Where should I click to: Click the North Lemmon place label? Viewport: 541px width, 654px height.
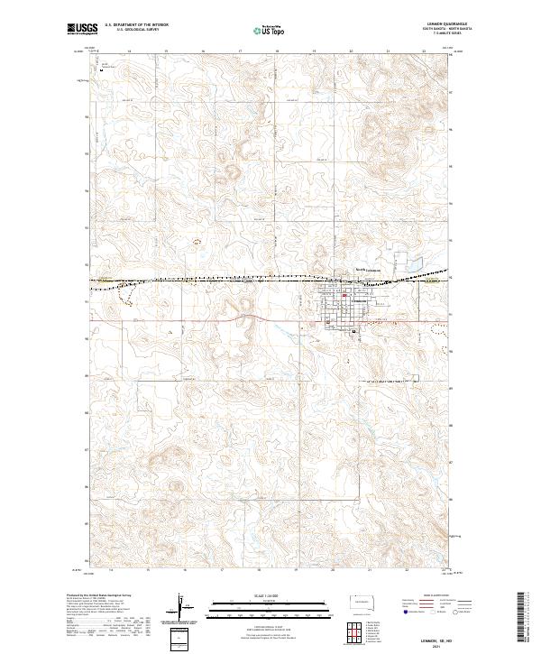(368, 269)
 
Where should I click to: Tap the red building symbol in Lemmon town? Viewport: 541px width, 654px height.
(344, 296)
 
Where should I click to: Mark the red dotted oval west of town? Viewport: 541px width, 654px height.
(197, 241)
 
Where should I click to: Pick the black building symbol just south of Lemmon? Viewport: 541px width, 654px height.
(353, 330)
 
